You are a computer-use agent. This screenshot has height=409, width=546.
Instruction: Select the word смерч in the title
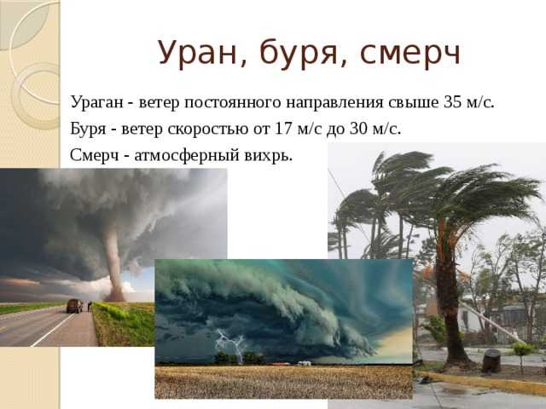410,54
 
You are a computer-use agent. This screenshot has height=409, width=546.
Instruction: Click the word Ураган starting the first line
96,103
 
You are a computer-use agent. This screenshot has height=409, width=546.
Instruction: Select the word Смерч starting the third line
95,155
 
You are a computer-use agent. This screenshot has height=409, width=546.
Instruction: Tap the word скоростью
208,130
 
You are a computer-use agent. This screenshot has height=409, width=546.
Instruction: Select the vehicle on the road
75,306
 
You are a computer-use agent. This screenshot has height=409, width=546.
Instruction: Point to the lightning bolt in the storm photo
230,344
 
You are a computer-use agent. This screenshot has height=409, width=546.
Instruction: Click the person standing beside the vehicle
90,306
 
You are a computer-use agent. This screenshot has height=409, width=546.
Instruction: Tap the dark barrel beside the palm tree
491,361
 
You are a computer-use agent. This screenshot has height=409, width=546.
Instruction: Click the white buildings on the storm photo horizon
304,363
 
